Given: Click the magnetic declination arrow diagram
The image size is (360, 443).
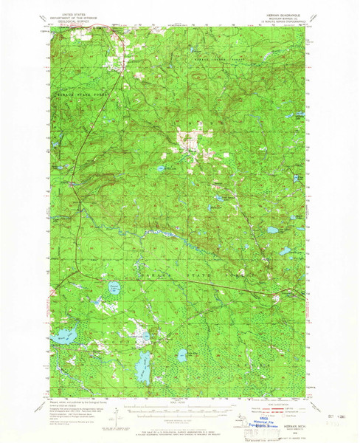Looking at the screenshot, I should coord(114,413).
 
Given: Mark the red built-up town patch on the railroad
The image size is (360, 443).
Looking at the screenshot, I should coord(72,183).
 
